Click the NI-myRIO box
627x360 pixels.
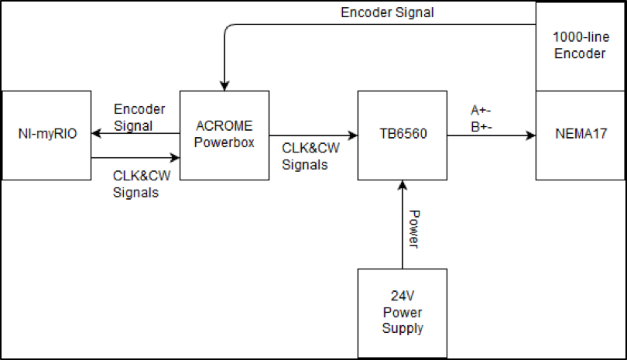[x=46, y=135]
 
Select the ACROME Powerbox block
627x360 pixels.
[x=224, y=135]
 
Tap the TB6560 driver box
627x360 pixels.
[x=402, y=135]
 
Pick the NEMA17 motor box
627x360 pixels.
[x=580, y=135]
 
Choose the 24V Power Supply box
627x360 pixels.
[x=402, y=313]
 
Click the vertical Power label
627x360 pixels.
[x=413, y=229]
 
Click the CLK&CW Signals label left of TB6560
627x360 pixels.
[x=309, y=156]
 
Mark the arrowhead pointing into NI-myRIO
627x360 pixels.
[x=96, y=134]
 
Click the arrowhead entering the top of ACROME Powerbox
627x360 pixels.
[x=224, y=85]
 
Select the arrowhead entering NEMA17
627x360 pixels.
[x=531, y=135]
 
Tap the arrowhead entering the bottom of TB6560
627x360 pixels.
[x=402, y=184]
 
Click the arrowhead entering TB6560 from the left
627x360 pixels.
[x=352, y=135]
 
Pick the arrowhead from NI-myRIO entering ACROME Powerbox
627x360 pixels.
[x=175, y=159]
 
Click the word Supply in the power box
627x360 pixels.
[x=402, y=328]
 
